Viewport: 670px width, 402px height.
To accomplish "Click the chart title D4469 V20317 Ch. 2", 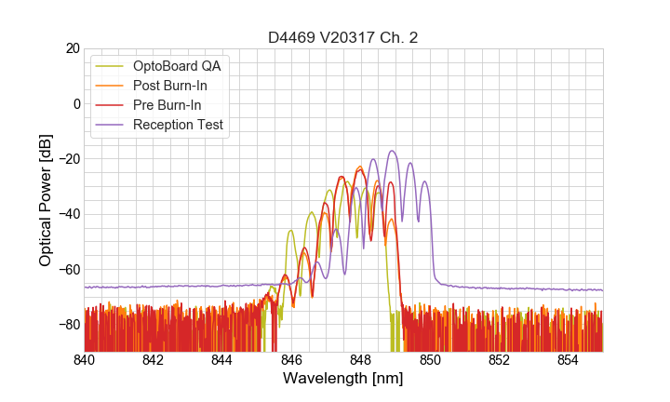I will click(343, 38).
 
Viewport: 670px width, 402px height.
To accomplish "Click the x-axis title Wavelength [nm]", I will click(343, 379).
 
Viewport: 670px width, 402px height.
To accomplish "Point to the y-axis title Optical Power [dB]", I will click(46, 200).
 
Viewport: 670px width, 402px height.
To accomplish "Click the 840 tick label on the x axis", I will click(85, 360).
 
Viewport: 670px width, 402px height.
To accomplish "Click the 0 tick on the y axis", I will click(76, 103).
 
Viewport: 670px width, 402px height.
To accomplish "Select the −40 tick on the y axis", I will click(68, 214).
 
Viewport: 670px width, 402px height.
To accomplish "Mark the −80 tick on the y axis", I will click(68, 325).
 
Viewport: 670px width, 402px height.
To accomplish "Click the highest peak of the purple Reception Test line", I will click(392, 151).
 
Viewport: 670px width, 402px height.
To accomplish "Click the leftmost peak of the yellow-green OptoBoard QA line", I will click(291, 231).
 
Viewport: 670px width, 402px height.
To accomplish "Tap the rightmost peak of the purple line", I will click(424, 181).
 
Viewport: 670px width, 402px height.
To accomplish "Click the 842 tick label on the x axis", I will click(154, 360).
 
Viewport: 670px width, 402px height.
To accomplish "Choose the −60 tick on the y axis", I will click(68, 270).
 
